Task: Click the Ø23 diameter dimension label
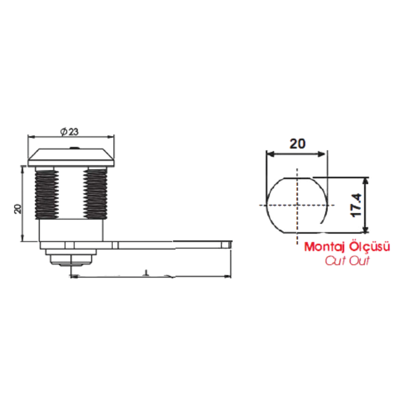pyautogui.click(x=70, y=132)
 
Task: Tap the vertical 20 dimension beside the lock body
pyautogui.click(x=18, y=209)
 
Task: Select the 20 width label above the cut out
pyautogui.click(x=298, y=144)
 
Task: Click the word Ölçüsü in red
pyautogui.click(x=370, y=247)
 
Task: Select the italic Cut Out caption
pyautogui.click(x=347, y=261)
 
